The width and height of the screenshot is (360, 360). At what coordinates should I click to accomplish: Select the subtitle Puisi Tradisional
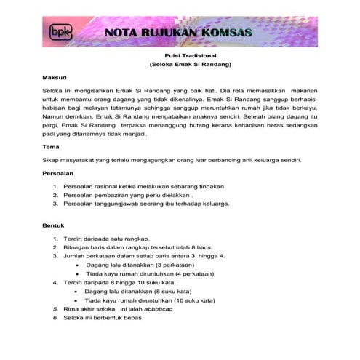(x=180, y=55)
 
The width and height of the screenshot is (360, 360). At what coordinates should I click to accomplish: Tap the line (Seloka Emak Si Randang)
(x=180, y=65)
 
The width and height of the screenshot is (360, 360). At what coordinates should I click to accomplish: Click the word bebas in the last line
(x=136, y=318)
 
